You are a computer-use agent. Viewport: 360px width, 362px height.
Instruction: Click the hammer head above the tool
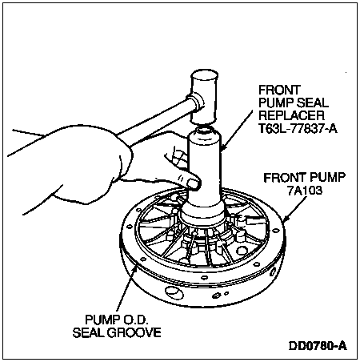pyautogui.click(x=204, y=97)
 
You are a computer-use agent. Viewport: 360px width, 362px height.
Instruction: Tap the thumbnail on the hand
pyautogui.click(x=194, y=183)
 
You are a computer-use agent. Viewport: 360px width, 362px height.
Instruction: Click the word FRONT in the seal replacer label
pyautogui.click(x=279, y=90)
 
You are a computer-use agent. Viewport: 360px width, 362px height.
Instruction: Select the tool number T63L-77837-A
pyautogui.click(x=298, y=128)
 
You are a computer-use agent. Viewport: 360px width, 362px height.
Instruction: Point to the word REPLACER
pyautogui.click(x=291, y=115)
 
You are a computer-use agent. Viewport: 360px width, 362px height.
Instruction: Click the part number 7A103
pyautogui.click(x=305, y=191)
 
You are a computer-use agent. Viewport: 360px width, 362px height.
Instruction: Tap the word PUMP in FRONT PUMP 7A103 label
pyautogui.click(x=327, y=178)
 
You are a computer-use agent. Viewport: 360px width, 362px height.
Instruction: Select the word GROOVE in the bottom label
pyautogui.click(x=134, y=332)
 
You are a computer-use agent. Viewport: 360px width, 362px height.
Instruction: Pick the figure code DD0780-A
pyautogui.click(x=318, y=346)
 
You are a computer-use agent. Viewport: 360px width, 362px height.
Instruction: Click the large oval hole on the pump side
pyautogui.click(x=174, y=292)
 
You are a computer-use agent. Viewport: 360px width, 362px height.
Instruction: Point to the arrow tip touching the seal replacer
pyautogui.click(x=222, y=150)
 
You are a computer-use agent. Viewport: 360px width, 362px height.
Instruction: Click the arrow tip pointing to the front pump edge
pyautogui.click(x=283, y=221)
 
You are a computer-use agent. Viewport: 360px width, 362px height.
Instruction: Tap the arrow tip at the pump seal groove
pyautogui.click(x=137, y=266)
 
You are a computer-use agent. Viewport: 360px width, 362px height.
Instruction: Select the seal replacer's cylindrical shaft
pyautogui.click(x=205, y=168)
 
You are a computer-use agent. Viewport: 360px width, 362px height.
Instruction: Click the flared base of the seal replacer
pyautogui.click(x=202, y=215)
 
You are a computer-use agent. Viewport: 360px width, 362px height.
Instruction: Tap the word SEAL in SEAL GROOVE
pyautogui.click(x=89, y=332)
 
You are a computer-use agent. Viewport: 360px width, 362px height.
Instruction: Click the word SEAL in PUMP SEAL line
pyautogui.click(x=313, y=103)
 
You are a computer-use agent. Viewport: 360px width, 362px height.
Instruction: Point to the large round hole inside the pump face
pyautogui.click(x=242, y=251)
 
